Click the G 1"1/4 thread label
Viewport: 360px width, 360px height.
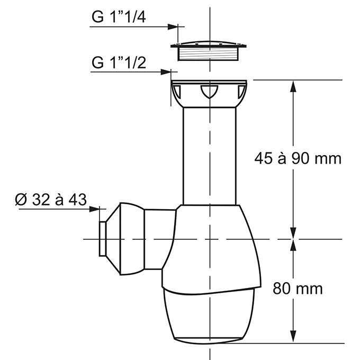[119, 17]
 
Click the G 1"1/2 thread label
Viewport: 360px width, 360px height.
[119, 62]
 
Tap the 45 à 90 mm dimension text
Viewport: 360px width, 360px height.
[298, 158]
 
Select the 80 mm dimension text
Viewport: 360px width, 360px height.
[298, 289]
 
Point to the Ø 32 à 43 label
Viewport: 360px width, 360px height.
[51, 200]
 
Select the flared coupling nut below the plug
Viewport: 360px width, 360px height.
[209, 93]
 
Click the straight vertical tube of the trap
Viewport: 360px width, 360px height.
[209, 154]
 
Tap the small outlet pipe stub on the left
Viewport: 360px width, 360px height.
[102, 239]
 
